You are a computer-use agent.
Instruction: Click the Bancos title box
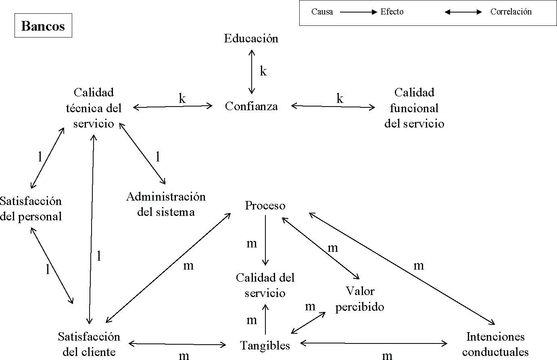point(43,26)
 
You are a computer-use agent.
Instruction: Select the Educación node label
point(251,39)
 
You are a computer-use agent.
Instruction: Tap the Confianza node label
point(251,106)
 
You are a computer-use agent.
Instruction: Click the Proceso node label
point(265,206)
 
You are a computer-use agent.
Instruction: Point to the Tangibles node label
point(265,345)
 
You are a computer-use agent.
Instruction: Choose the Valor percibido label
point(360,299)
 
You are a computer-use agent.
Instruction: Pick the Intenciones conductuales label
point(495,344)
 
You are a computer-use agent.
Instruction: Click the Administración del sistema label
point(166,204)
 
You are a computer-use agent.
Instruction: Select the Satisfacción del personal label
point(31,209)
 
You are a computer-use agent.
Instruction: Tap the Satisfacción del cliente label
point(89,344)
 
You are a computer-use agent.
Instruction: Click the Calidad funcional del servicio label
point(414,108)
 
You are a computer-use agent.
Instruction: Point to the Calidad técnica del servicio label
point(94,108)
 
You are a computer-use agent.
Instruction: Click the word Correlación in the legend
point(511,12)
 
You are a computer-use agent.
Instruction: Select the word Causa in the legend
point(322,12)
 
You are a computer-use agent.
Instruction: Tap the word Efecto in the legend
point(392,12)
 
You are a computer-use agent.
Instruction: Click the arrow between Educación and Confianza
point(252,72)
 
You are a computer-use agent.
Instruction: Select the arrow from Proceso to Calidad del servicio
point(265,240)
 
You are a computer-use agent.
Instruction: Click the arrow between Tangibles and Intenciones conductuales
point(374,343)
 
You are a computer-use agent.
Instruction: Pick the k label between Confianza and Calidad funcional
point(340,99)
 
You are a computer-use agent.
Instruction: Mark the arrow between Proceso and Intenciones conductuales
point(402,269)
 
